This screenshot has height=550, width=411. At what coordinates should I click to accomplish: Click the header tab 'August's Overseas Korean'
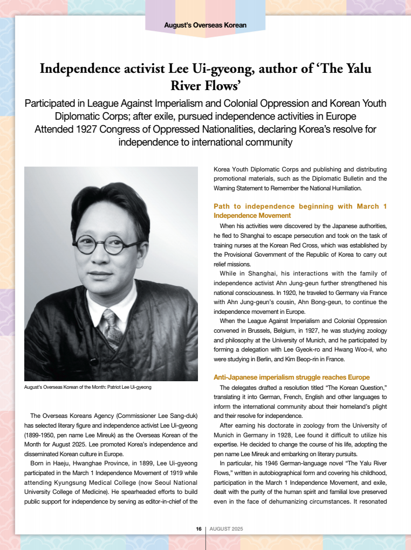[x=205, y=25]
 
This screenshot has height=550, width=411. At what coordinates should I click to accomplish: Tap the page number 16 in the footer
[x=198, y=529]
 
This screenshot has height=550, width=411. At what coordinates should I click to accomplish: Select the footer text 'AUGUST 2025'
[x=226, y=529]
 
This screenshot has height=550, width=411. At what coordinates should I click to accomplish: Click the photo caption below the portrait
[x=88, y=388]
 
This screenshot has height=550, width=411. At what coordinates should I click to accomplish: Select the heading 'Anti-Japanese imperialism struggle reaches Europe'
[x=292, y=377]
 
